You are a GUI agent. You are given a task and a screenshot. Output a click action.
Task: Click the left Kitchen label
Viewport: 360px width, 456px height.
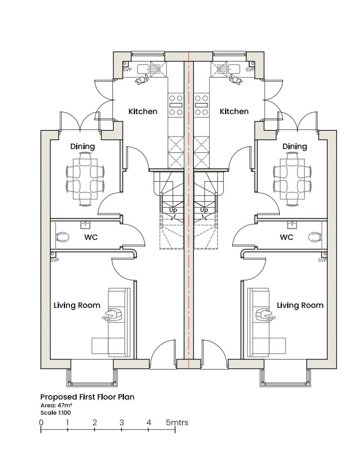point(143,111)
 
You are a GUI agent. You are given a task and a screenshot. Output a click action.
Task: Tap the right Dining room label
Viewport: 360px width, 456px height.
point(295,146)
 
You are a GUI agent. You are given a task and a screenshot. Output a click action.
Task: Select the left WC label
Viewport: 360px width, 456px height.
point(91,237)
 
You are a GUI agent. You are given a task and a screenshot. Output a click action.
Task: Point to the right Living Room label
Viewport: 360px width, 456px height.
point(300,305)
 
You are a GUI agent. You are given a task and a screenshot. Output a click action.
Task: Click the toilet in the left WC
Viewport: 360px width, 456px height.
point(62,237)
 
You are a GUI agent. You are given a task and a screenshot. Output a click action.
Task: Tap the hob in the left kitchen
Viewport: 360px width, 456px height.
point(176,105)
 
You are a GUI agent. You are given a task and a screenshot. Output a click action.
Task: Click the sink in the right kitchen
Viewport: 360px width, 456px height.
point(234,69)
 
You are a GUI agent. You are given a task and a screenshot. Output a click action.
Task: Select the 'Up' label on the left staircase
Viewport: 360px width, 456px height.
point(173,210)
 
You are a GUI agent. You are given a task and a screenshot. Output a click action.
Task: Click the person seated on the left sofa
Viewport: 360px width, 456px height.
point(112,315)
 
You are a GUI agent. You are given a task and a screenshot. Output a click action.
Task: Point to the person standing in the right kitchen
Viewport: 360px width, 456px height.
point(236,79)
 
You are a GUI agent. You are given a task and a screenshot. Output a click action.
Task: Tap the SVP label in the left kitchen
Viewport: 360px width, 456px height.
point(127,70)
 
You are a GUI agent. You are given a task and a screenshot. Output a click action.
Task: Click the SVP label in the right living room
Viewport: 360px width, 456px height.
point(322,260)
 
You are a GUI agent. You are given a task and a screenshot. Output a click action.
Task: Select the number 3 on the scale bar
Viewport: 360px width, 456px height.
point(122,422)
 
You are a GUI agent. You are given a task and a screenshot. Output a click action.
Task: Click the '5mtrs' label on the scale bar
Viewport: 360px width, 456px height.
point(177,422)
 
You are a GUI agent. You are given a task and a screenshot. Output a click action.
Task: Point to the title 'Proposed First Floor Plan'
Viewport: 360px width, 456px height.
point(87,397)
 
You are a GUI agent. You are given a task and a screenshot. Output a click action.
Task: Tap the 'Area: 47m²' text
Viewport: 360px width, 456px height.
point(56,405)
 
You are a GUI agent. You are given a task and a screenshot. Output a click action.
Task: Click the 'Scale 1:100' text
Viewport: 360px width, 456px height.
point(56,413)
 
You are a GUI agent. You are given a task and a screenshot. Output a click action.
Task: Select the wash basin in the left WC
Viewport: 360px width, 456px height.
point(85,225)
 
